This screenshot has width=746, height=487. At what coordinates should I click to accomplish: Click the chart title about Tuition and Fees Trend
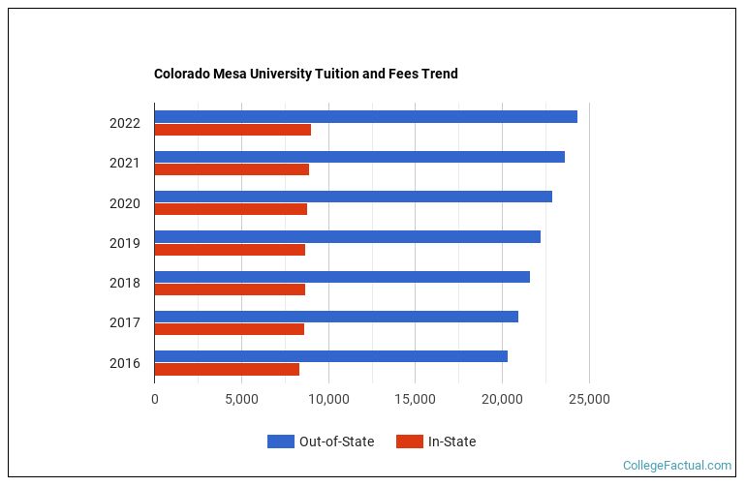click(305, 74)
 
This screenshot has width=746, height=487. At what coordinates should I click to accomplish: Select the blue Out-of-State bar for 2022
click(365, 117)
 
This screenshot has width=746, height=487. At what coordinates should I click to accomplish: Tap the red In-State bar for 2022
click(233, 130)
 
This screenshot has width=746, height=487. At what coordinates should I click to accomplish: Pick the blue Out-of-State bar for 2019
click(347, 237)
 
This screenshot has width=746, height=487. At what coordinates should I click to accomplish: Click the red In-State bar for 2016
click(227, 369)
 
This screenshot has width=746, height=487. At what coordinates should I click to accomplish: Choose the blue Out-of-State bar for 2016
click(330, 356)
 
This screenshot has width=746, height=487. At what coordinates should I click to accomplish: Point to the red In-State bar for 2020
click(231, 209)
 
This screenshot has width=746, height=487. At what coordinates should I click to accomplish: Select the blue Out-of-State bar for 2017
click(336, 317)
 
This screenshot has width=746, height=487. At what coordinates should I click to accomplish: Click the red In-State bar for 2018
click(230, 289)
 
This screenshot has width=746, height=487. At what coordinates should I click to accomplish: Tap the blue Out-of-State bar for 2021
click(359, 157)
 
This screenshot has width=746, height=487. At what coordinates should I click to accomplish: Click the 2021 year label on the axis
click(125, 164)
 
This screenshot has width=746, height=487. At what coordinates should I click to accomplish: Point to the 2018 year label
click(125, 284)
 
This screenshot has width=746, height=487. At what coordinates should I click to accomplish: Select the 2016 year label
click(125, 364)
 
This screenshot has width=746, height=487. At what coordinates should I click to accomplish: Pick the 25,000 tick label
click(589, 399)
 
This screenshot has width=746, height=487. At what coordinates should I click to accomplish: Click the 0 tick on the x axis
click(155, 399)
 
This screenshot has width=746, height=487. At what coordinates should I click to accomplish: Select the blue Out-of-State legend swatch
click(280, 441)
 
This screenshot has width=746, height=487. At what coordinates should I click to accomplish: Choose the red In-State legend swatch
click(410, 441)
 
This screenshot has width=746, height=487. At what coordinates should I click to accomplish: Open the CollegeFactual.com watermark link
click(677, 466)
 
